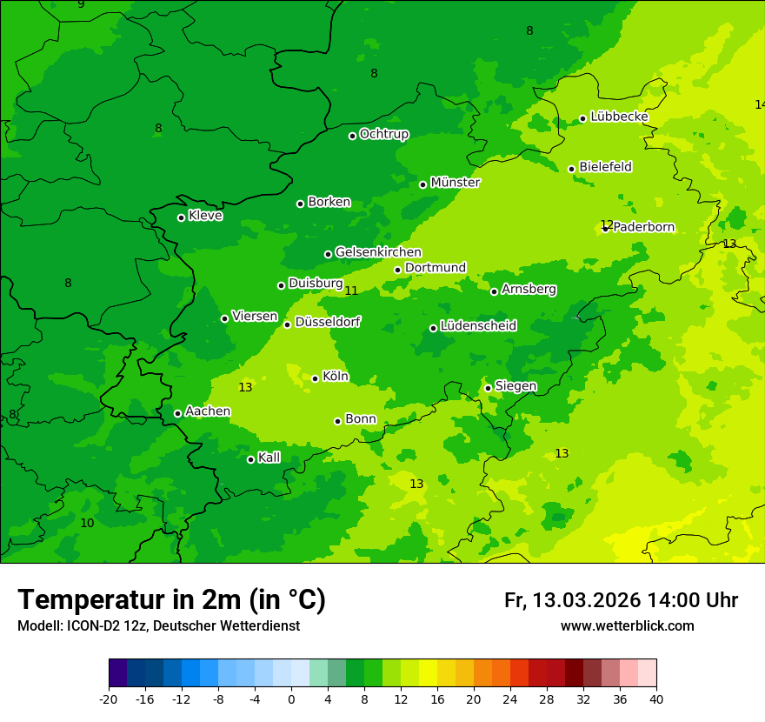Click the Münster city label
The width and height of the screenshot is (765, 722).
[x=456, y=183]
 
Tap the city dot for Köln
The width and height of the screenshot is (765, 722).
[x=315, y=378]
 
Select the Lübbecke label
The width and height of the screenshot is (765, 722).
[x=619, y=117]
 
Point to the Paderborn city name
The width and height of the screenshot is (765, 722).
[x=644, y=227]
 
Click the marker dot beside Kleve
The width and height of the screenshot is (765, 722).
[x=181, y=217]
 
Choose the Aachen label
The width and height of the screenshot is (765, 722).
[x=208, y=411]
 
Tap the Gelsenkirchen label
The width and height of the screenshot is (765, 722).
[x=378, y=252]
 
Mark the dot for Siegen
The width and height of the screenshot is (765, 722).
[x=488, y=388]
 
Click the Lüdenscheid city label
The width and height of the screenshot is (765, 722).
[x=478, y=326]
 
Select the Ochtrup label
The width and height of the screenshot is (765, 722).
[x=383, y=134]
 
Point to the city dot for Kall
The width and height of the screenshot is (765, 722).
[x=250, y=459]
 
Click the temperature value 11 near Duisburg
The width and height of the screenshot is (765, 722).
[x=351, y=291]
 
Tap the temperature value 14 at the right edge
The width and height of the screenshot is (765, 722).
[x=759, y=104]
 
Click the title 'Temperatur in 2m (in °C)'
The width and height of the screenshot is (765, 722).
[x=171, y=599]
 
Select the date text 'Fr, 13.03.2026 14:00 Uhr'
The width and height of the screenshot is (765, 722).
[x=621, y=600]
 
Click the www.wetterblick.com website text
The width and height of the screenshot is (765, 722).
[x=627, y=625]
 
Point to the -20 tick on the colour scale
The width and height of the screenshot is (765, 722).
[x=109, y=699]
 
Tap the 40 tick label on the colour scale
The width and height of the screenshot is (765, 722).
[x=655, y=699]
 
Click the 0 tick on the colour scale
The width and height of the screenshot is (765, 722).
[x=291, y=699]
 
